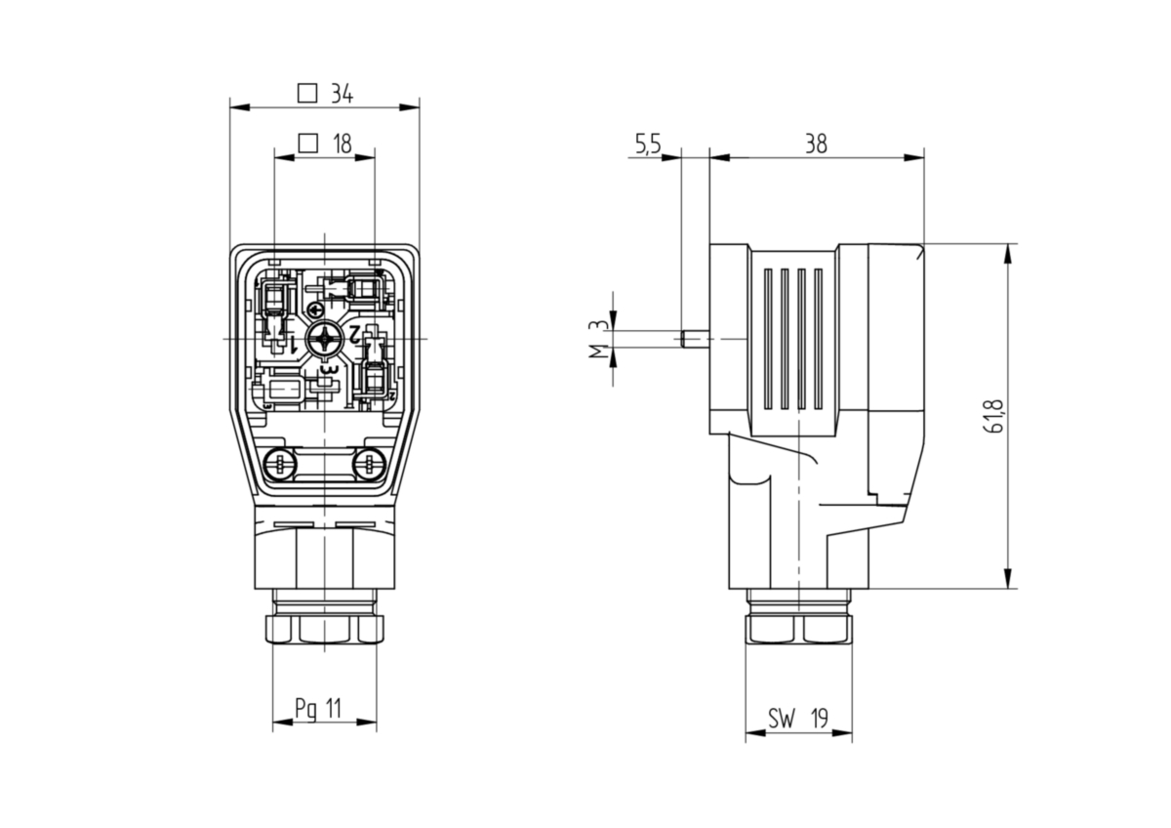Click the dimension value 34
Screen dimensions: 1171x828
click(x=343, y=94)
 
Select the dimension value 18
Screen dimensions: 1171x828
click(x=343, y=144)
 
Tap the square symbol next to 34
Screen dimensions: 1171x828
click(x=307, y=94)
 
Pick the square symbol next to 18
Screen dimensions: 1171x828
click(x=308, y=143)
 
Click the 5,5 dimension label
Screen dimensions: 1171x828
click(x=648, y=145)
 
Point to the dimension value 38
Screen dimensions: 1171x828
click(x=816, y=144)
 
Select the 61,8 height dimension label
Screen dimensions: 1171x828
click(x=994, y=416)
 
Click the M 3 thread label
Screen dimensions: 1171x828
click(x=599, y=339)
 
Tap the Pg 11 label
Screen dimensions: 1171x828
click(x=318, y=709)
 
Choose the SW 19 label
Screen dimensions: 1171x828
click(x=798, y=719)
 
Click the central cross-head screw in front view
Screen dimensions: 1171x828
click(x=324, y=339)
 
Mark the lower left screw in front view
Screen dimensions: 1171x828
click(x=280, y=463)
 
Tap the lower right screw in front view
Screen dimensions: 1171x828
click(x=369, y=463)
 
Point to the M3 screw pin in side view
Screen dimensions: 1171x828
click(x=696, y=339)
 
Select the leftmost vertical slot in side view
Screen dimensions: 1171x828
click(x=767, y=339)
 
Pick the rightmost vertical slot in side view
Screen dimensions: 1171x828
click(x=818, y=339)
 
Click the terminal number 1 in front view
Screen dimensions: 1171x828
click(x=294, y=344)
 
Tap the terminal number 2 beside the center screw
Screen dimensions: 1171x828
click(x=354, y=332)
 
